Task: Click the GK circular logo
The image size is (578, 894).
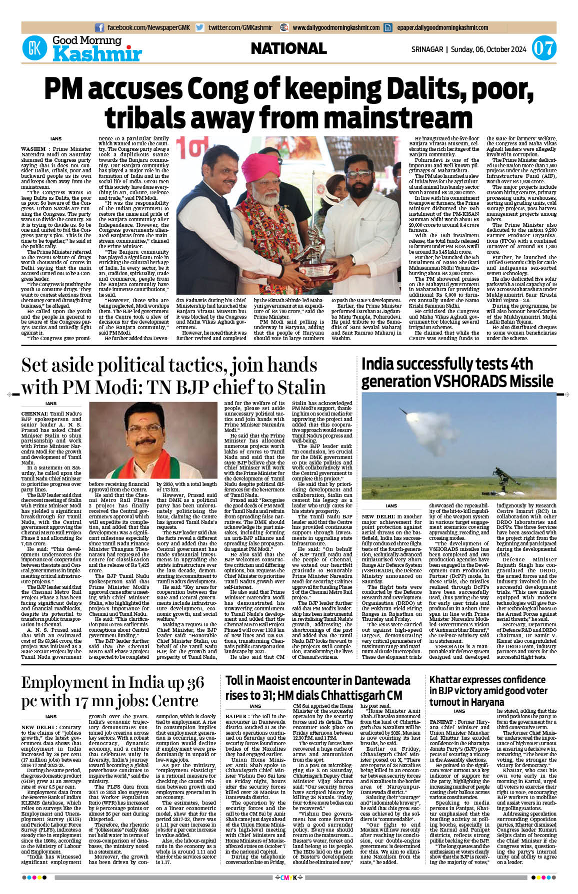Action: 34,48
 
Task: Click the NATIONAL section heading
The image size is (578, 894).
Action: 288,48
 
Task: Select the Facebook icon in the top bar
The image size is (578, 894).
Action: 99,28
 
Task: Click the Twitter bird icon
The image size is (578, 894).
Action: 199,28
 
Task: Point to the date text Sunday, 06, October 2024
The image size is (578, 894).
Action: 488,49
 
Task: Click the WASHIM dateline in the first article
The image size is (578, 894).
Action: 34,149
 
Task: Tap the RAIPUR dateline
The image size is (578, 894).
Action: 236,717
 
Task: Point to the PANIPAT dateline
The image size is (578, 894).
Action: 441,722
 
